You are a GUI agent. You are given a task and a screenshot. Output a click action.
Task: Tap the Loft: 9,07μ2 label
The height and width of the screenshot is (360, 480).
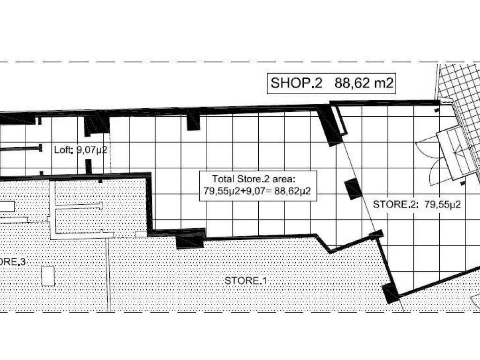82,150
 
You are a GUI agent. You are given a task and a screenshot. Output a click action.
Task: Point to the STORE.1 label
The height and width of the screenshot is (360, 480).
246,281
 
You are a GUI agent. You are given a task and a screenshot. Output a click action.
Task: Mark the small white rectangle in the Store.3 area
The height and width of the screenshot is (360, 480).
48,276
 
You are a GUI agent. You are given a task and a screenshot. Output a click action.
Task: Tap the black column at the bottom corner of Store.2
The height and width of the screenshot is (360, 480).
390,293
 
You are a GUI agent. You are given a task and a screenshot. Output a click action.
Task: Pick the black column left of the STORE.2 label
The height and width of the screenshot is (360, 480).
352,190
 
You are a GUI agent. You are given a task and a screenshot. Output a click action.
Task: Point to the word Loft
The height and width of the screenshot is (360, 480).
62,150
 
